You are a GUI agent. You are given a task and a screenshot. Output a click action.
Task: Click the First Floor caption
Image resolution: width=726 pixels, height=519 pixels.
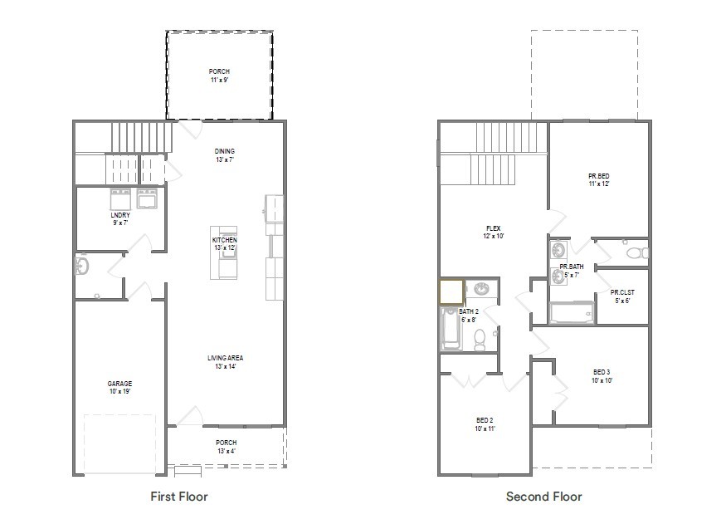(178, 497)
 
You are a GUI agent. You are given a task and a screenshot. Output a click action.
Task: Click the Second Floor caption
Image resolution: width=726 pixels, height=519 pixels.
(543, 497)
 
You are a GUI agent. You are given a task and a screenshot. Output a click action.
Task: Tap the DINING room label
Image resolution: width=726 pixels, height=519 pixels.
(224, 151)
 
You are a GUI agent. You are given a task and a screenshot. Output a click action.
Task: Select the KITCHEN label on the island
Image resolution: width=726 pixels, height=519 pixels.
(224, 240)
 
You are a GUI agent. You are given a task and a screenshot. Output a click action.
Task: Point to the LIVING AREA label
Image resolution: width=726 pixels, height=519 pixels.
(225, 358)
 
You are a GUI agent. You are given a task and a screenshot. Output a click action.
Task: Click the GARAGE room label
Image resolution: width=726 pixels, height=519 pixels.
(119, 384)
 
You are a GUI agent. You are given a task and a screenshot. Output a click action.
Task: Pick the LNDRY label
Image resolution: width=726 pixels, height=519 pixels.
(120, 215)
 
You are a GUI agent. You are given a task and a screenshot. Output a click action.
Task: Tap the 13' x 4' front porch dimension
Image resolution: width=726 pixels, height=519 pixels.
(227, 451)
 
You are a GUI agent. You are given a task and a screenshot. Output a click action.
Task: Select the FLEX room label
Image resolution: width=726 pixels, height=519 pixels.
(493, 228)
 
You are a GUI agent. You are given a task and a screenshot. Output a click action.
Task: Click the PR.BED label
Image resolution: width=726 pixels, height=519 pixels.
(598, 176)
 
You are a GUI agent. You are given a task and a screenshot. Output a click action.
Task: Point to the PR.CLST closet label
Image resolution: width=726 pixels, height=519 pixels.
(621, 292)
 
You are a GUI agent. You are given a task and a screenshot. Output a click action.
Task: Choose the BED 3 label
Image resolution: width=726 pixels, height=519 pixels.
(602, 371)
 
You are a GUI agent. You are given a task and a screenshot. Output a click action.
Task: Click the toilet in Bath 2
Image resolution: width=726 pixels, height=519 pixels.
(479, 337)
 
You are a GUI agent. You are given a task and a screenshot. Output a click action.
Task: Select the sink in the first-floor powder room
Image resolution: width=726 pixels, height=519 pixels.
(81, 266)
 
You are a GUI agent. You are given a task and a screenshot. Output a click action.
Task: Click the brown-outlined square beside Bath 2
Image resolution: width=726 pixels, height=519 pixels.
(451, 292)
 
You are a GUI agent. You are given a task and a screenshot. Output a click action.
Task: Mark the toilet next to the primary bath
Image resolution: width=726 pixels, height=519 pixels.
(635, 252)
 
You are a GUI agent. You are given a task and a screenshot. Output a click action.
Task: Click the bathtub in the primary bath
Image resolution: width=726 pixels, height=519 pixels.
(571, 312)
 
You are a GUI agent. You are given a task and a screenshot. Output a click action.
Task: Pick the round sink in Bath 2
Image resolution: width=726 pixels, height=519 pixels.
(480, 289)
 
